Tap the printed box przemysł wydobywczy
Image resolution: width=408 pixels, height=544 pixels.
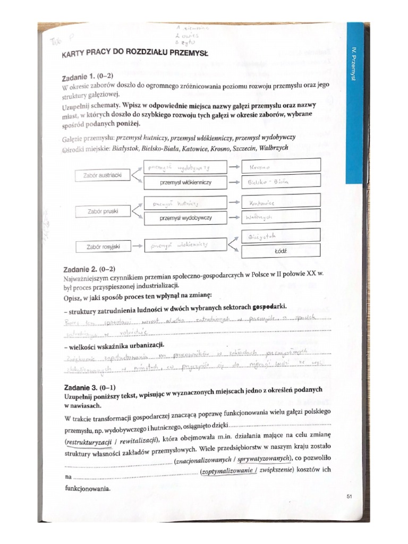(182, 218)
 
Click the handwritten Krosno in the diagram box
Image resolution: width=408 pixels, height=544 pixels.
(280, 166)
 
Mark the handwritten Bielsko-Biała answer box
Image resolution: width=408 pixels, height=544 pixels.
(280, 182)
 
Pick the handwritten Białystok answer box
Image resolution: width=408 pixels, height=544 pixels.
(280, 235)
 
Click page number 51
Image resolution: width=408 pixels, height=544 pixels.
(349, 497)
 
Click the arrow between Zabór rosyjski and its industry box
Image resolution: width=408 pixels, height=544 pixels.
(136, 246)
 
